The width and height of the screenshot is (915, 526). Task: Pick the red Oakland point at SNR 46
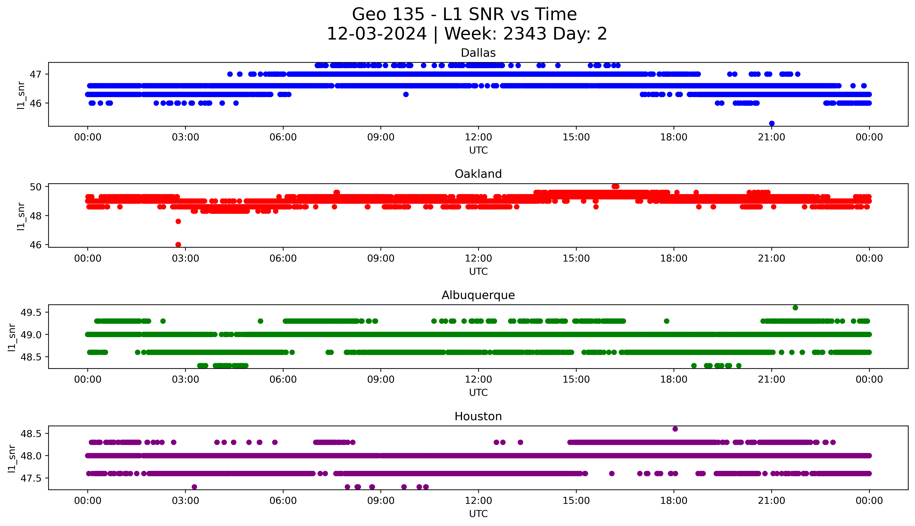(x=178, y=245)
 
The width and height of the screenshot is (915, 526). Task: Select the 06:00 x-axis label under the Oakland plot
(x=283, y=259)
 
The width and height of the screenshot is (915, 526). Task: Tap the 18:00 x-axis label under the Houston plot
(x=674, y=501)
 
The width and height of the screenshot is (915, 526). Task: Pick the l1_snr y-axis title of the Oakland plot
(x=21, y=216)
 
